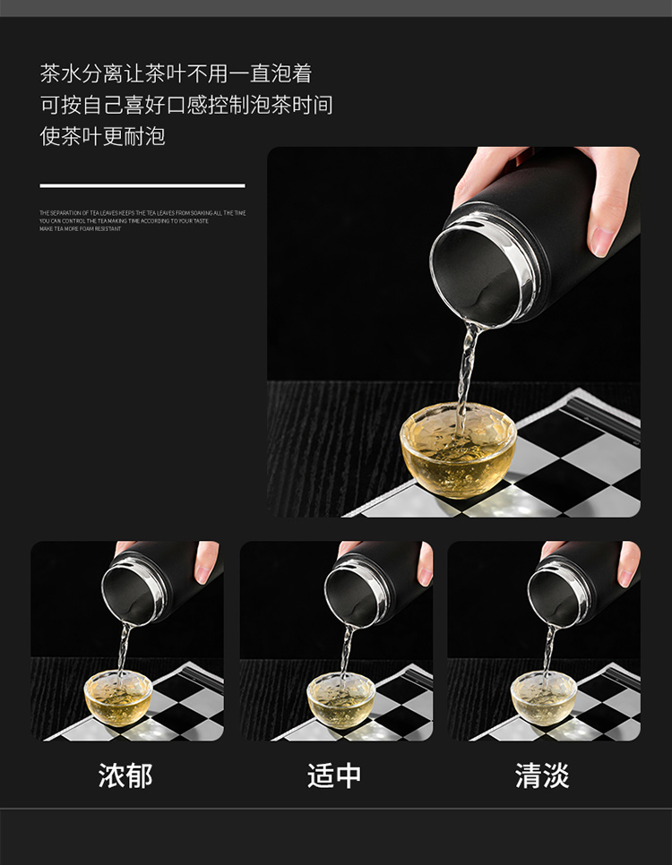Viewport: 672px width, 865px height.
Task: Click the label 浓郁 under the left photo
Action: click(x=125, y=775)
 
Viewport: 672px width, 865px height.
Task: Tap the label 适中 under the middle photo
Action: click(x=334, y=775)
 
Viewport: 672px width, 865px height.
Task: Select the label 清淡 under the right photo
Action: click(x=542, y=775)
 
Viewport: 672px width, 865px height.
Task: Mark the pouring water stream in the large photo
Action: click(x=466, y=367)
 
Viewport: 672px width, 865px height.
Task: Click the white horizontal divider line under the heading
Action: click(x=142, y=185)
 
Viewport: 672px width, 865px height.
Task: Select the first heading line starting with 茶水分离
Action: click(x=176, y=73)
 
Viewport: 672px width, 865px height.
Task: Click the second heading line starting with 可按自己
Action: click(x=186, y=105)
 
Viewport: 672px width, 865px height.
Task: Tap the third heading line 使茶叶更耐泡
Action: click(x=103, y=136)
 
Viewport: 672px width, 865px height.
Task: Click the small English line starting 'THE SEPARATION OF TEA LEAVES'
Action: click(x=142, y=213)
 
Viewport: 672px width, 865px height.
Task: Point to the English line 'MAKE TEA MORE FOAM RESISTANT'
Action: click(x=80, y=229)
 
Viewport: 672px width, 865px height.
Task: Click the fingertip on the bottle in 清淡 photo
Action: click(x=629, y=564)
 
